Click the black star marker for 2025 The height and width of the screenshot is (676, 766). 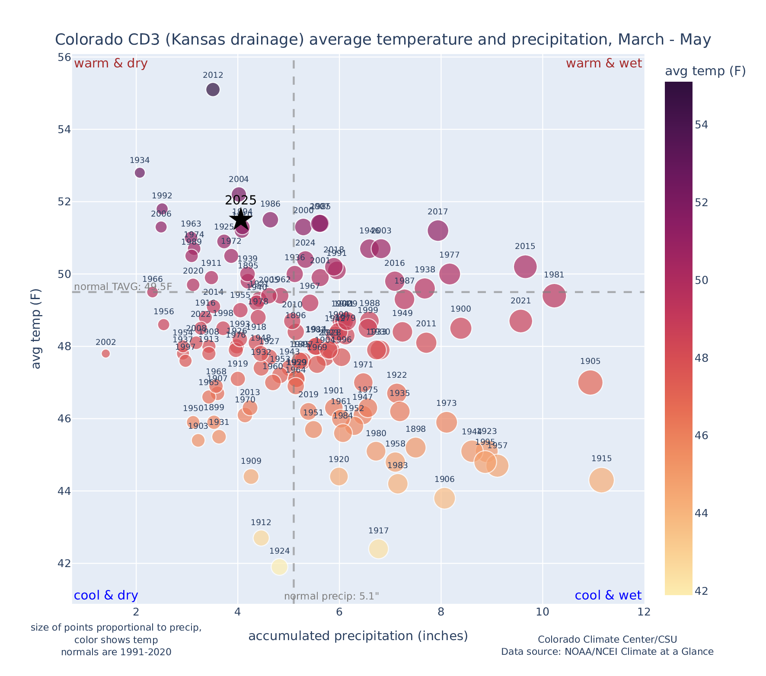(241, 219)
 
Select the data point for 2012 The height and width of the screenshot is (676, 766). (213, 89)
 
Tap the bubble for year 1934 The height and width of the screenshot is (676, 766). (140, 173)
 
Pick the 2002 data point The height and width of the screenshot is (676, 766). (106, 354)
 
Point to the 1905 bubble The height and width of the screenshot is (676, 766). (590, 383)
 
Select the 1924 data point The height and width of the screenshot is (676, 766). (279, 567)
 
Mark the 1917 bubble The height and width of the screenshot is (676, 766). (379, 549)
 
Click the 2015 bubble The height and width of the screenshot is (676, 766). (525, 267)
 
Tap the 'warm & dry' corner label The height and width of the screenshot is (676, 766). (111, 64)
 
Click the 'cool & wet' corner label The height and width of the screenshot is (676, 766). (608, 596)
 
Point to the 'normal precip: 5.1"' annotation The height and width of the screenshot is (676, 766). (332, 596)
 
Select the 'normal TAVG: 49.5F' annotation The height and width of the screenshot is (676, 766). (123, 287)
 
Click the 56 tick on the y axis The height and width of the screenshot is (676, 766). (64, 57)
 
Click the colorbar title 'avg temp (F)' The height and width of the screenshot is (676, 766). (705, 71)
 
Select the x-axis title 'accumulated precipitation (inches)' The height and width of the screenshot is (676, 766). (358, 636)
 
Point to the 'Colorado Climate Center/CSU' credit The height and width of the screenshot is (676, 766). (607, 639)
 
